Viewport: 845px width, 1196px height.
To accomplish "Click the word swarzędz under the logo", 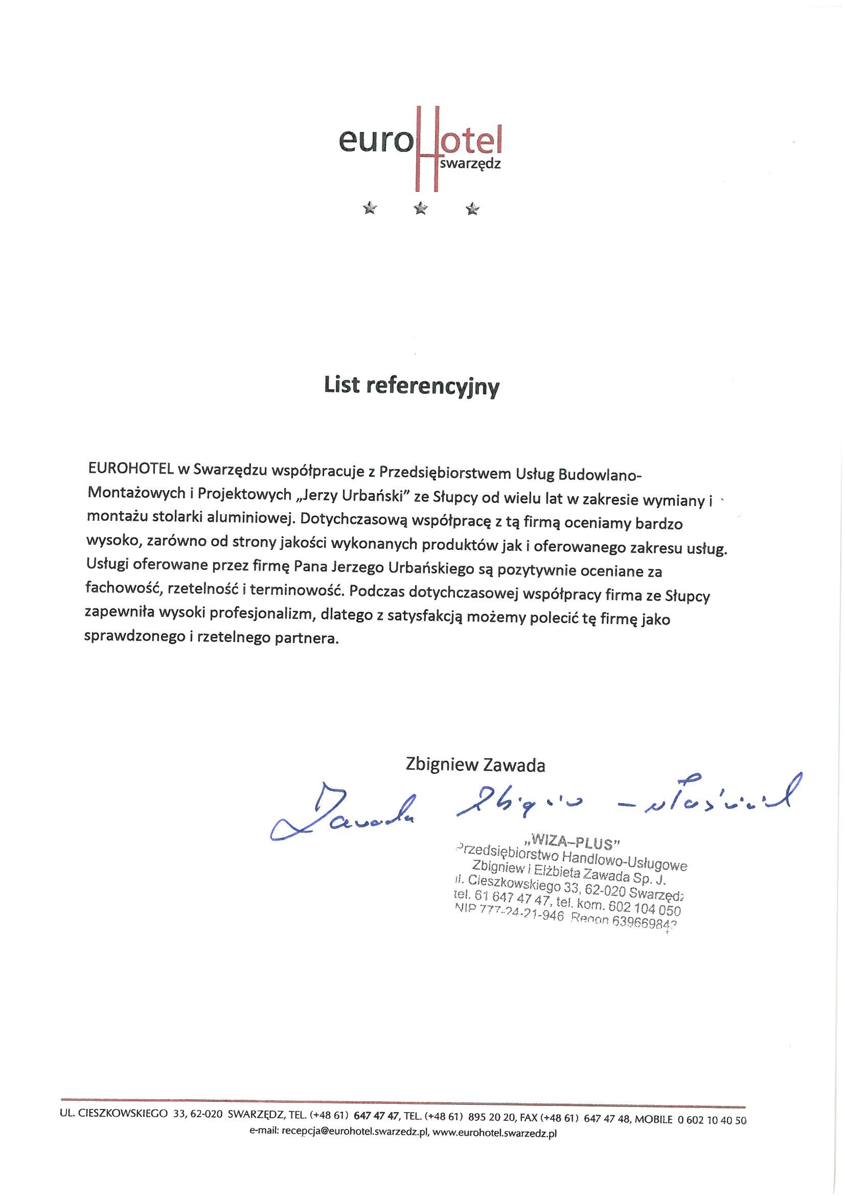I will [470, 164].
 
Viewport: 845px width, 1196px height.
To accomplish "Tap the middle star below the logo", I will [421, 209].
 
